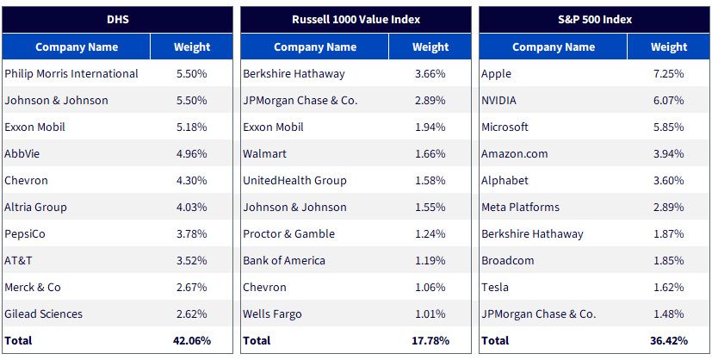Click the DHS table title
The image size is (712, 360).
[x=117, y=20]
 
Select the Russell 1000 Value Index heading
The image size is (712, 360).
[x=356, y=20]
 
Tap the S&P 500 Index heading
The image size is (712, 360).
[x=594, y=20]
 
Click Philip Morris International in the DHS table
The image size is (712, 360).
[x=71, y=73]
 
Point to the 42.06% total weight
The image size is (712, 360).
[x=192, y=340]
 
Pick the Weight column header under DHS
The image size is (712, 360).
[x=192, y=47]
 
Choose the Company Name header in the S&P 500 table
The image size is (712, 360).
[x=554, y=47]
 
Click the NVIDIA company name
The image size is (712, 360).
[x=498, y=100]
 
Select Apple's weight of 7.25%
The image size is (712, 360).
[x=669, y=73]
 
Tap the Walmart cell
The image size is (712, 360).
[x=264, y=154]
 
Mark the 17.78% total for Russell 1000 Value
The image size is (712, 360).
[x=430, y=340]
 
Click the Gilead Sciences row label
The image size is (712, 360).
[x=44, y=313]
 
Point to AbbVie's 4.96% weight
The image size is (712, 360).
[x=192, y=154]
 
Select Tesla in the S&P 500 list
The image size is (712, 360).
[x=495, y=288]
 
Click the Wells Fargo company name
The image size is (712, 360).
[x=272, y=313]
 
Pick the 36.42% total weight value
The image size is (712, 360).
[x=669, y=340]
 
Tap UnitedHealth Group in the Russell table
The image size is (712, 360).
[x=294, y=181]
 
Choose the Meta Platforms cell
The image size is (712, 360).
[x=520, y=207]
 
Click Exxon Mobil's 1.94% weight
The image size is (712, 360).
[x=430, y=127]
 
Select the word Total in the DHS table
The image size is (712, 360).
[x=18, y=340]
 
